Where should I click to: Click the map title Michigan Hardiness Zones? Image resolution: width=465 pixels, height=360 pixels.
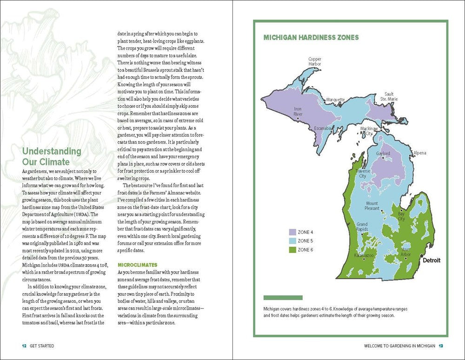311,38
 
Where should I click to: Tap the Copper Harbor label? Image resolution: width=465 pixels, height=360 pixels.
315,62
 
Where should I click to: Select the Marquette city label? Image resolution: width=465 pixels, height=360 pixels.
335,100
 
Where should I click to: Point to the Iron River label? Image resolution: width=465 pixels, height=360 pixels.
298,112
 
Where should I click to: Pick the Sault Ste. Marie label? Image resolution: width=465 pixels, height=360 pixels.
389,97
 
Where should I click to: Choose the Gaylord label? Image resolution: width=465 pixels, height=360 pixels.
383,153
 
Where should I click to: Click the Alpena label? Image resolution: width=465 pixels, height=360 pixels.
419,153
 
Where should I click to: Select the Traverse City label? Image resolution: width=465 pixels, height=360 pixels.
363,173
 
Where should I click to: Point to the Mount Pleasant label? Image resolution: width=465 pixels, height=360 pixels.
372,206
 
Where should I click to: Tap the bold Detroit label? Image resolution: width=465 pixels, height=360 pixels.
431,260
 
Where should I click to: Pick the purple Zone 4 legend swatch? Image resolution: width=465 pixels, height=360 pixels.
292,232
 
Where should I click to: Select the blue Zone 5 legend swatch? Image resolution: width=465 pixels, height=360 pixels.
292,240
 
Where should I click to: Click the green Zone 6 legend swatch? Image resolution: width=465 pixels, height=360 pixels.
292,250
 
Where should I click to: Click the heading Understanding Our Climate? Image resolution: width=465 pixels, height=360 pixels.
52,157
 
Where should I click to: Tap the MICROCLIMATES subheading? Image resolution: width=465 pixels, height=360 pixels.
137,265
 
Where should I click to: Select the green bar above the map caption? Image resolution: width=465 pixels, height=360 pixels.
283,298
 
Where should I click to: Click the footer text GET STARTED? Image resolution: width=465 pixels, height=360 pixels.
42,346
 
